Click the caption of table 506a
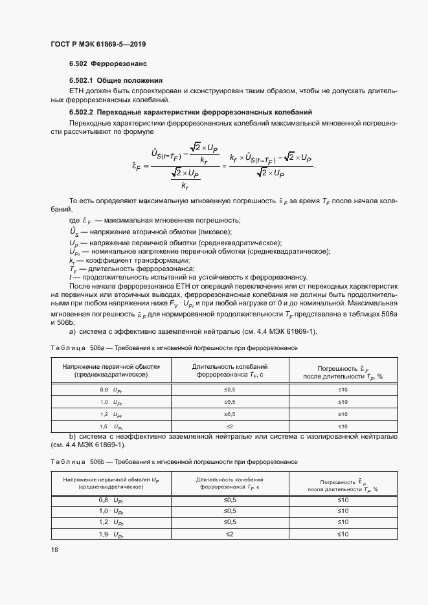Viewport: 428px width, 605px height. click(174, 347)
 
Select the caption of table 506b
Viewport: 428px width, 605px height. click(174, 462)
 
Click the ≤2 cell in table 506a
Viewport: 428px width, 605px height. click(230, 426)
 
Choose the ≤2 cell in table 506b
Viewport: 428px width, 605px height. click(230, 534)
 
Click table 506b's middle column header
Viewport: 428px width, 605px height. click(230, 483)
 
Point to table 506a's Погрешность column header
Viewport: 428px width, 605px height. click(343, 371)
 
